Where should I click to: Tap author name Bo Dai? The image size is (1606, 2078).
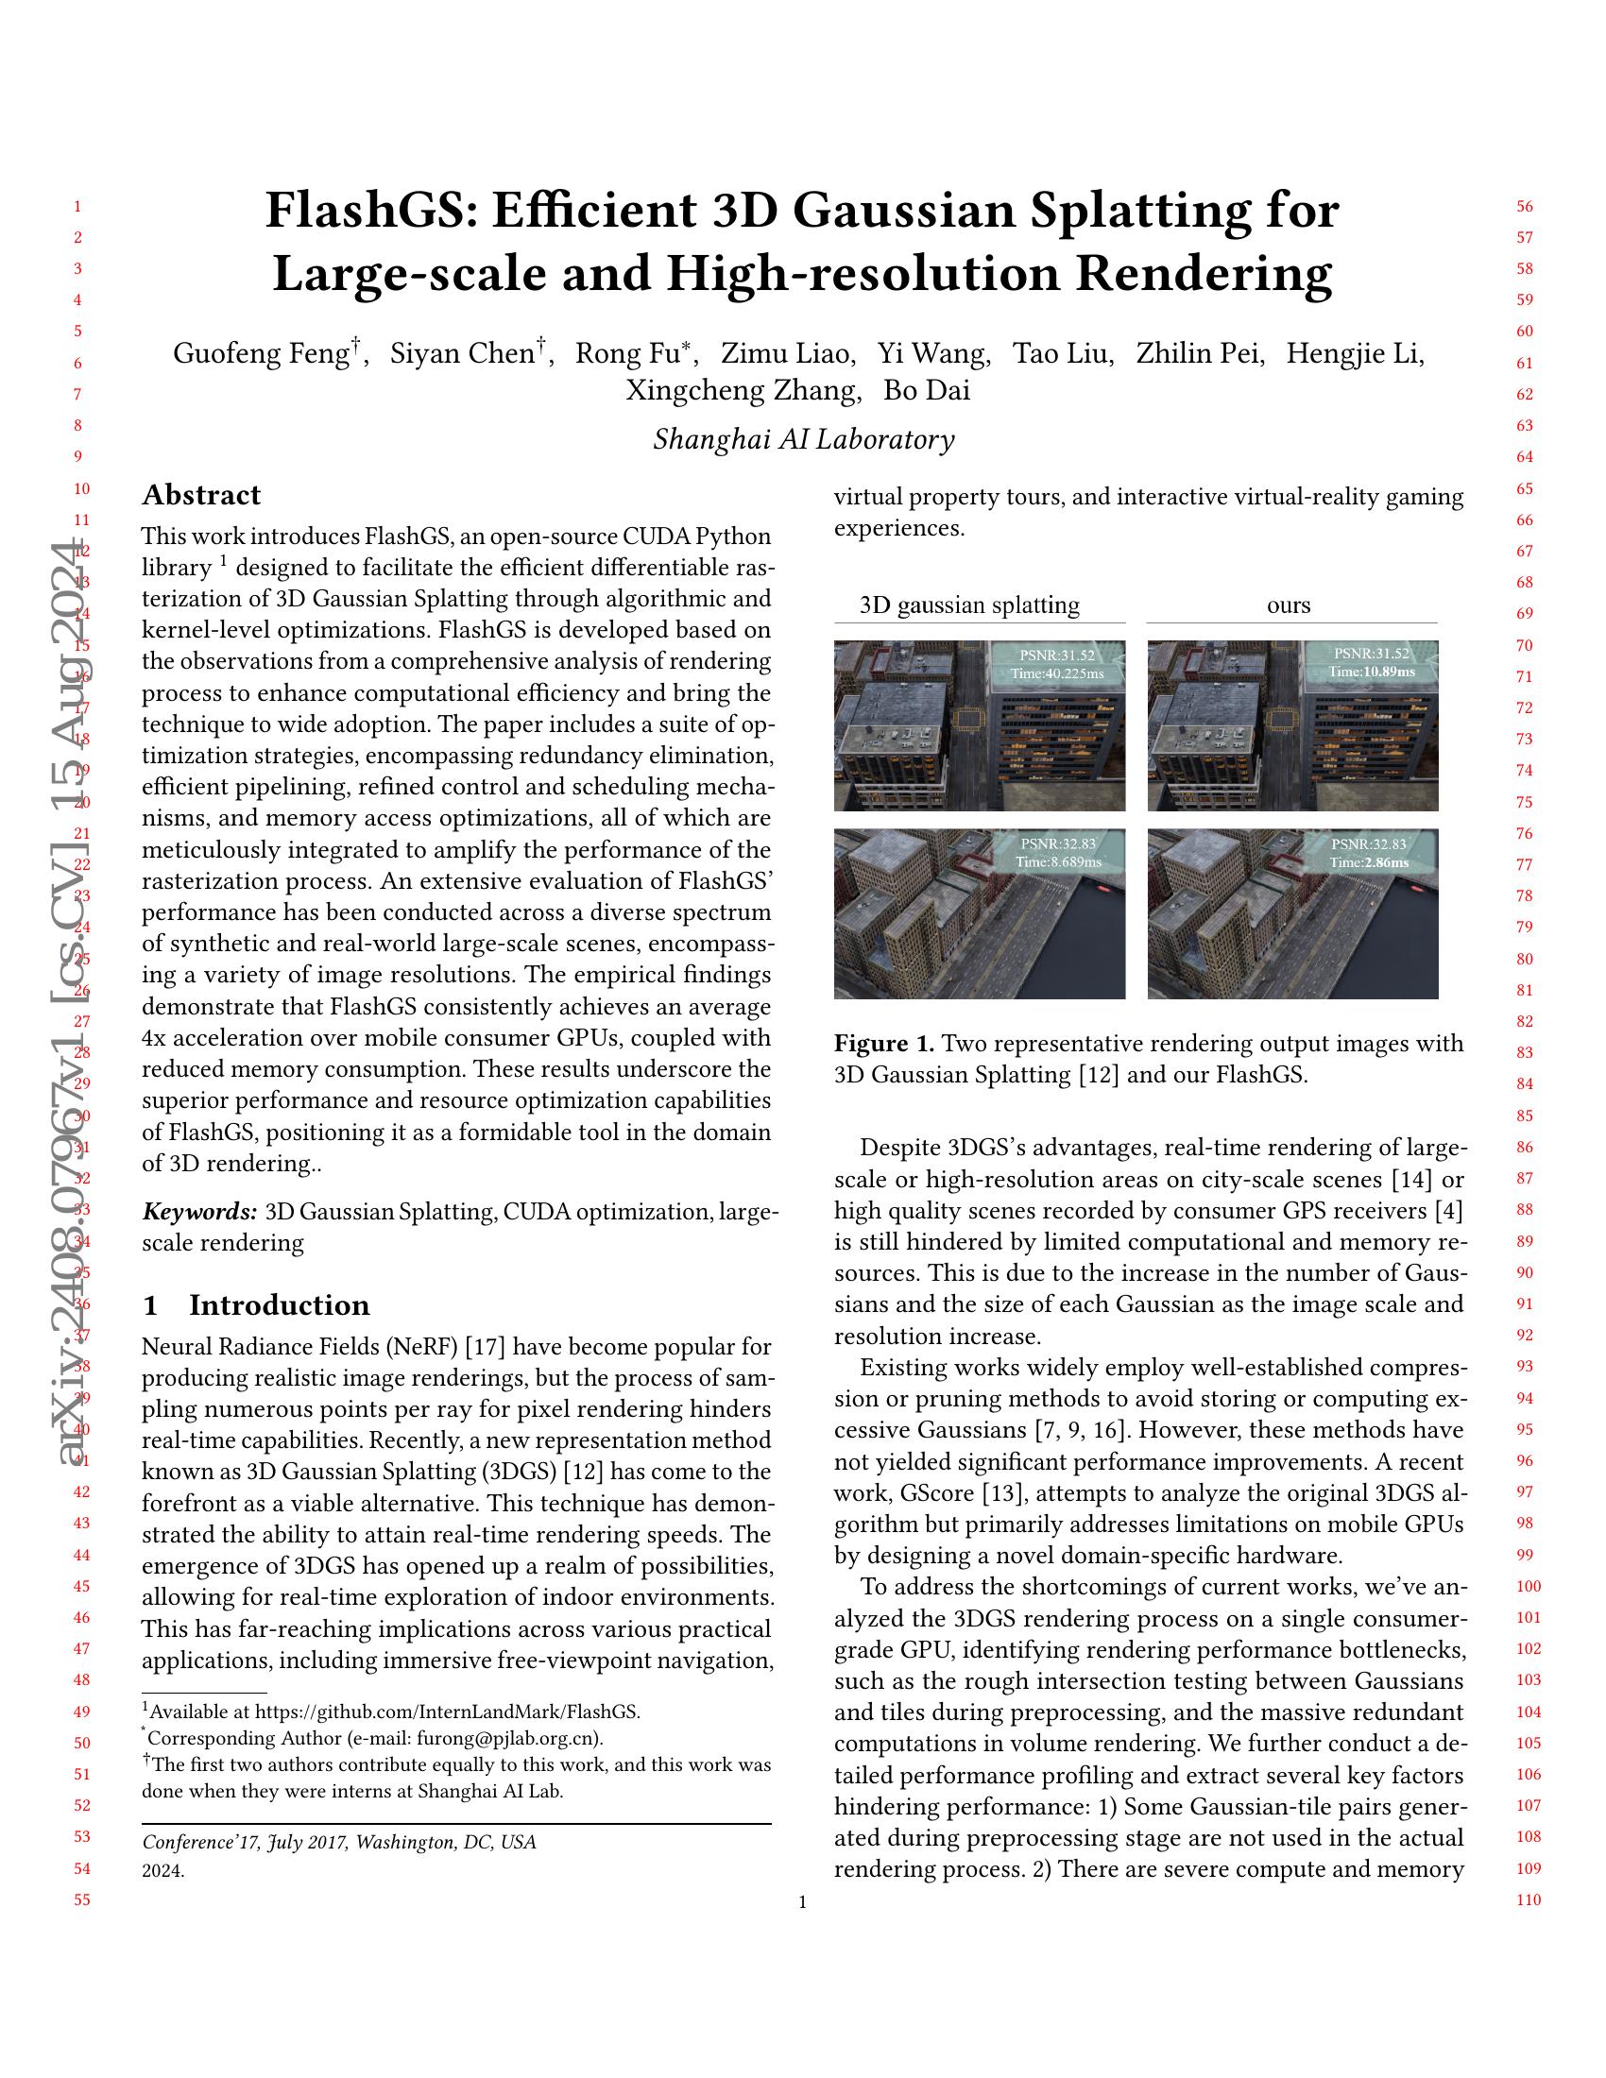[927, 391]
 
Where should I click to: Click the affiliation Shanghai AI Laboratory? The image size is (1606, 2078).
[803, 439]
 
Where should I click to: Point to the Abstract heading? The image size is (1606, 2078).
[200, 495]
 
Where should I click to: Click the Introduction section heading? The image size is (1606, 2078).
[279, 1304]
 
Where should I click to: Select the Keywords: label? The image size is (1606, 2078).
[199, 1212]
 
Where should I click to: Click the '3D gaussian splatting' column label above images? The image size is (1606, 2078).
[968, 605]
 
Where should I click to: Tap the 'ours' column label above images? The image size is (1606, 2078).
[1289, 605]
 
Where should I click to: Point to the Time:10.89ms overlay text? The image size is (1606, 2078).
[1371, 672]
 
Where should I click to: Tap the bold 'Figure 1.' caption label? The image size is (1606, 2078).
[884, 1044]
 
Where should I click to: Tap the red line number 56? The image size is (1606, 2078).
[1524, 207]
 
